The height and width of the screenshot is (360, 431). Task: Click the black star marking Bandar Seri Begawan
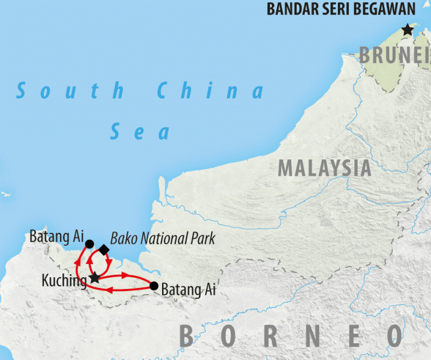point(408,29)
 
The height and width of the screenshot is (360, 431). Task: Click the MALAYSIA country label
point(324,168)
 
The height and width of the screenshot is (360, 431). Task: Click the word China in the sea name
point(210,91)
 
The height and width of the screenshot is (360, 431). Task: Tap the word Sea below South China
point(140,131)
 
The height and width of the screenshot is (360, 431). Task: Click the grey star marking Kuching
point(94,278)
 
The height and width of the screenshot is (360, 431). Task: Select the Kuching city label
point(63,280)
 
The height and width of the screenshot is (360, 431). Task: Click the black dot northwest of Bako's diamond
point(89,244)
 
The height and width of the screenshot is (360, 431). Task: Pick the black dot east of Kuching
point(154,286)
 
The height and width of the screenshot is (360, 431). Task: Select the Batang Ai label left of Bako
point(56,236)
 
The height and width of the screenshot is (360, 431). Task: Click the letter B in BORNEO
point(187,335)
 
